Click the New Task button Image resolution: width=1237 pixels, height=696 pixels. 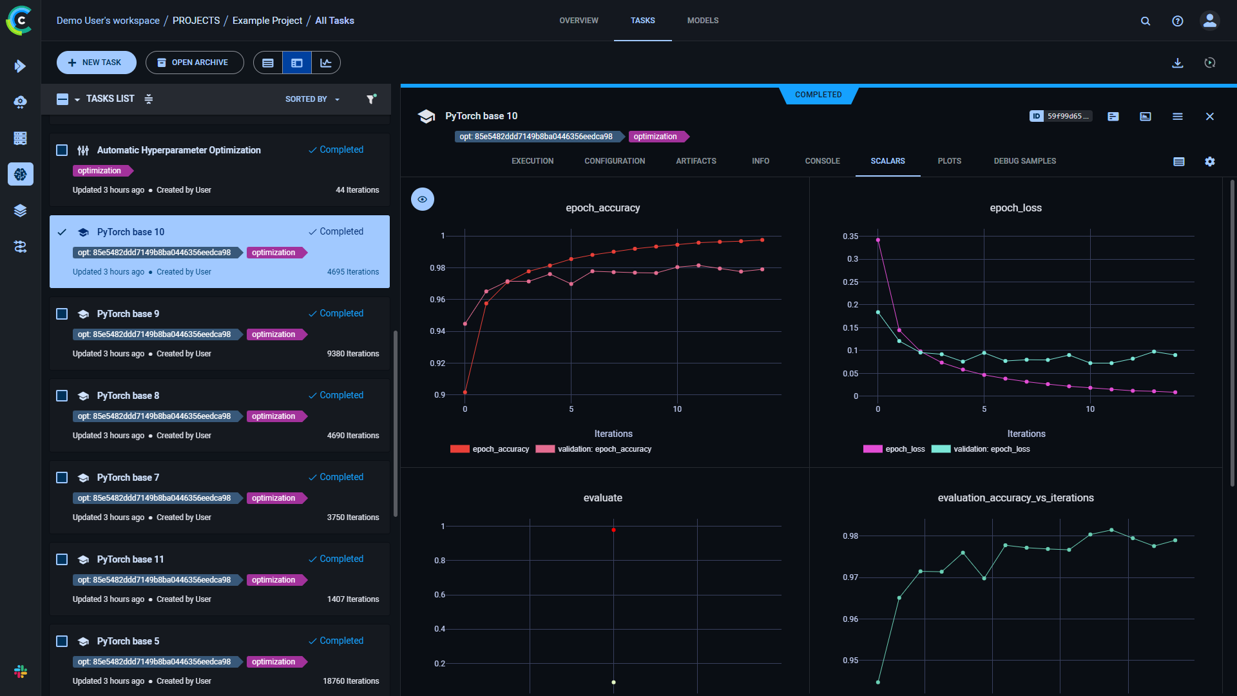(96, 63)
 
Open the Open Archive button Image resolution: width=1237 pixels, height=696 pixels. (194, 63)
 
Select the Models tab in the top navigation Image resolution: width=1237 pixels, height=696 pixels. (702, 21)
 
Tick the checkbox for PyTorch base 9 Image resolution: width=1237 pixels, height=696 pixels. (62, 314)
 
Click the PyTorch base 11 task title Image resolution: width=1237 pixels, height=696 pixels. (130, 559)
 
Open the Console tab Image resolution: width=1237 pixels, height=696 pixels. (822, 161)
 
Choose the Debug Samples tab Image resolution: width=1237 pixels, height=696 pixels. (1024, 161)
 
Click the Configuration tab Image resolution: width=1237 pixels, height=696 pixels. (614, 161)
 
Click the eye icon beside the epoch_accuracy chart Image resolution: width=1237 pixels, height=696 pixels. (422, 199)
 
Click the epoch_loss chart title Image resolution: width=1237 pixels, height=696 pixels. (1015, 208)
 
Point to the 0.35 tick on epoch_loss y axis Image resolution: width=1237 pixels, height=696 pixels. (850, 237)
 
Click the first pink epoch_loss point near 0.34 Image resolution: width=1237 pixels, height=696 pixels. (878, 240)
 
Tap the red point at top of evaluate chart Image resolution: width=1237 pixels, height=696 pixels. (613, 530)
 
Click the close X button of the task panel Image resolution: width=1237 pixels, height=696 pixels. (1209, 117)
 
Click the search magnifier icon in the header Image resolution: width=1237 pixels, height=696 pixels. (1145, 21)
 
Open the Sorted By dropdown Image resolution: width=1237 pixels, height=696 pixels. (312, 99)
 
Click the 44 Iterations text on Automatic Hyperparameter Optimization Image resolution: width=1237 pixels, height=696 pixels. (357, 190)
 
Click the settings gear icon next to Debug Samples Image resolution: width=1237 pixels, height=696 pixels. (1209, 162)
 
